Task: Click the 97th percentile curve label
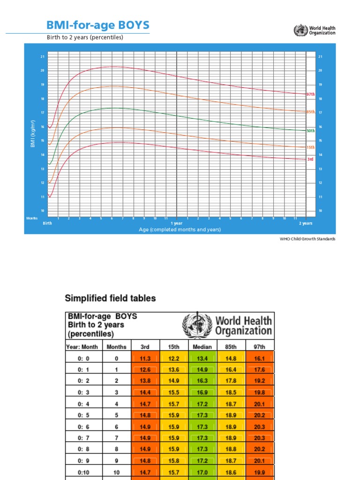pyautogui.click(x=310, y=94)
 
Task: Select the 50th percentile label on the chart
pyautogui.click(x=310, y=131)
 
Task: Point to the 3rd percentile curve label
pyautogui.click(x=310, y=159)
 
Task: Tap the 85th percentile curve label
pyautogui.click(x=310, y=112)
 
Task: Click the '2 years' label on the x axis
pyautogui.click(x=306, y=224)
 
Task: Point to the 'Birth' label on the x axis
pyautogui.click(x=47, y=224)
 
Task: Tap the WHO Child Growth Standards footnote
pyautogui.click(x=307, y=239)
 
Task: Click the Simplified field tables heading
pyautogui.click(x=110, y=298)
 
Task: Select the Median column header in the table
pyautogui.click(x=202, y=347)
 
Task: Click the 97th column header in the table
pyautogui.click(x=260, y=347)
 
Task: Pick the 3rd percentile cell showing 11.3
pyautogui.click(x=145, y=359)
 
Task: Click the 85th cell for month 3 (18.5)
pyautogui.click(x=231, y=392)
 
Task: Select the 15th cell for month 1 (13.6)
pyautogui.click(x=174, y=370)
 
